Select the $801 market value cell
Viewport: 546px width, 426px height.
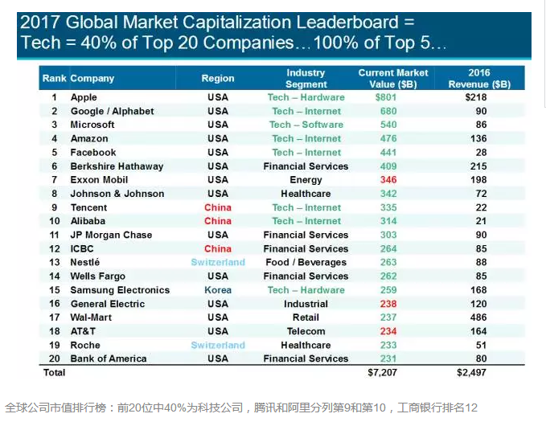pyautogui.click(x=388, y=97)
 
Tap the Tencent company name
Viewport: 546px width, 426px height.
pyautogui.click(x=88, y=207)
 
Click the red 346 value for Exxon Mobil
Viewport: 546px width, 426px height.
pyautogui.click(x=388, y=180)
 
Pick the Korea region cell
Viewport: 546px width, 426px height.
pyautogui.click(x=218, y=290)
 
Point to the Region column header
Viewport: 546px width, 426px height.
pyautogui.click(x=218, y=79)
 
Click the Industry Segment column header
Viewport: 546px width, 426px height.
pyautogui.click(x=306, y=79)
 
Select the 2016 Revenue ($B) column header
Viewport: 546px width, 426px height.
pyautogui.click(x=478, y=79)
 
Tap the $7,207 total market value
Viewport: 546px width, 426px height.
pyautogui.click(x=383, y=374)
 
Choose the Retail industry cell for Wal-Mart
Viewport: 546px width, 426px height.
pyautogui.click(x=306, y=317)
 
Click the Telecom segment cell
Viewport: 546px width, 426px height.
pyautogui.click(x=306, y=331)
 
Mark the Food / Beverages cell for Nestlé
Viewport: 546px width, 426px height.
pyautogui.click(x=306, y=263)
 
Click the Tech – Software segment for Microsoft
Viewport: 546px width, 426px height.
pyautogui.click(x=306, y=125)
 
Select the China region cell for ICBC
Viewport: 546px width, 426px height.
pyautogui.click(x=218, y=249)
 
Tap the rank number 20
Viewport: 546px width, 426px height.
pyautogui.click(x=54, y=358)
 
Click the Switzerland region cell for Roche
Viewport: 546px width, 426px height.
pyautogui.click(x=218, y=345)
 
